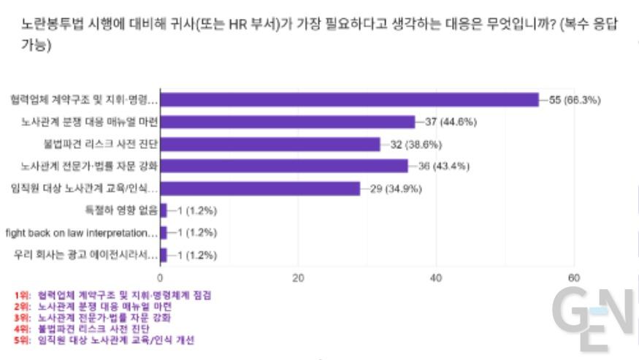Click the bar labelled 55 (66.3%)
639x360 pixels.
click(349, 99)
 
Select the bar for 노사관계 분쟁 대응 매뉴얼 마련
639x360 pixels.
click(287, 121)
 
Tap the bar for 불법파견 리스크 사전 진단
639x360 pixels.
click(270, 144)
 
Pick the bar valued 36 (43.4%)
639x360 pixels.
click(284, 166)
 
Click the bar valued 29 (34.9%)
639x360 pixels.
click(260, 188)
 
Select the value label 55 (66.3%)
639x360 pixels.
click(575, 99)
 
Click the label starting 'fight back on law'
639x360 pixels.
click(81, 233)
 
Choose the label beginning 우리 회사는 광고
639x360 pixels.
click(85, 256)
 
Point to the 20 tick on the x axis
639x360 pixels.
click(298, 277)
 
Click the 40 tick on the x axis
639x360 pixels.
click(436, 277)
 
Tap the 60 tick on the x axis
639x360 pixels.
click(574, 277)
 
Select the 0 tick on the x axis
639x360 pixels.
click(160, 277)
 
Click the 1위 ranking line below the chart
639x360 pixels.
click(113, 295)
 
